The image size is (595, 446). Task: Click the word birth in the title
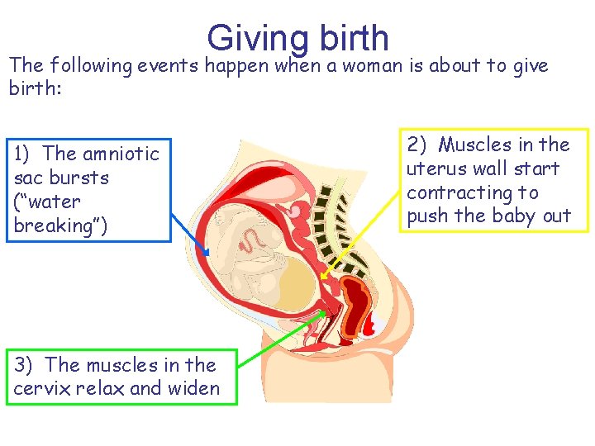pyautogui.click(x=350, y=37)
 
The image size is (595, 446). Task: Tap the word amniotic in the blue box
pyautogui.click(x=121, y=154)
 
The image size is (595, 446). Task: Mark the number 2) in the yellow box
pyautogui.click(x=416, y=145)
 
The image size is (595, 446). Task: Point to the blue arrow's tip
pyautogui.click(x=207, y=254)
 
